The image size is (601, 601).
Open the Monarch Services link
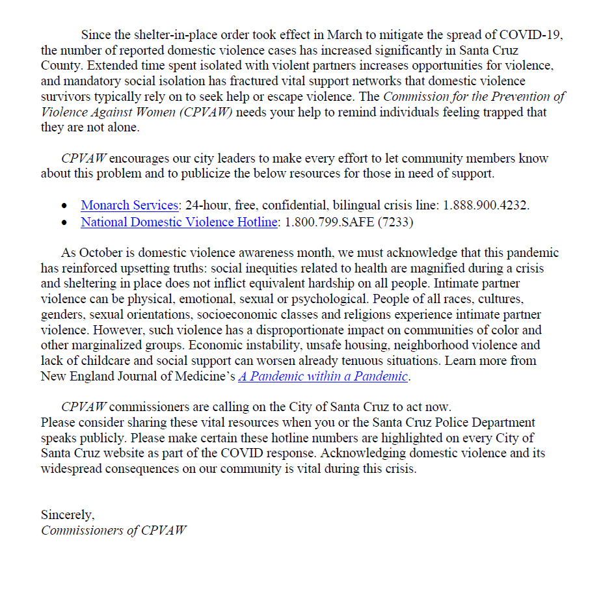pos(129,205)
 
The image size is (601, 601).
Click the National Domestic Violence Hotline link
pos(179,222)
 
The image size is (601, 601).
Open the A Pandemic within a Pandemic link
pos(323,376)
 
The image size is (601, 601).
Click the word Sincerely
pos(68,514)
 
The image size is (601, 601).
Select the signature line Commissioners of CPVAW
pos(114,530)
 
